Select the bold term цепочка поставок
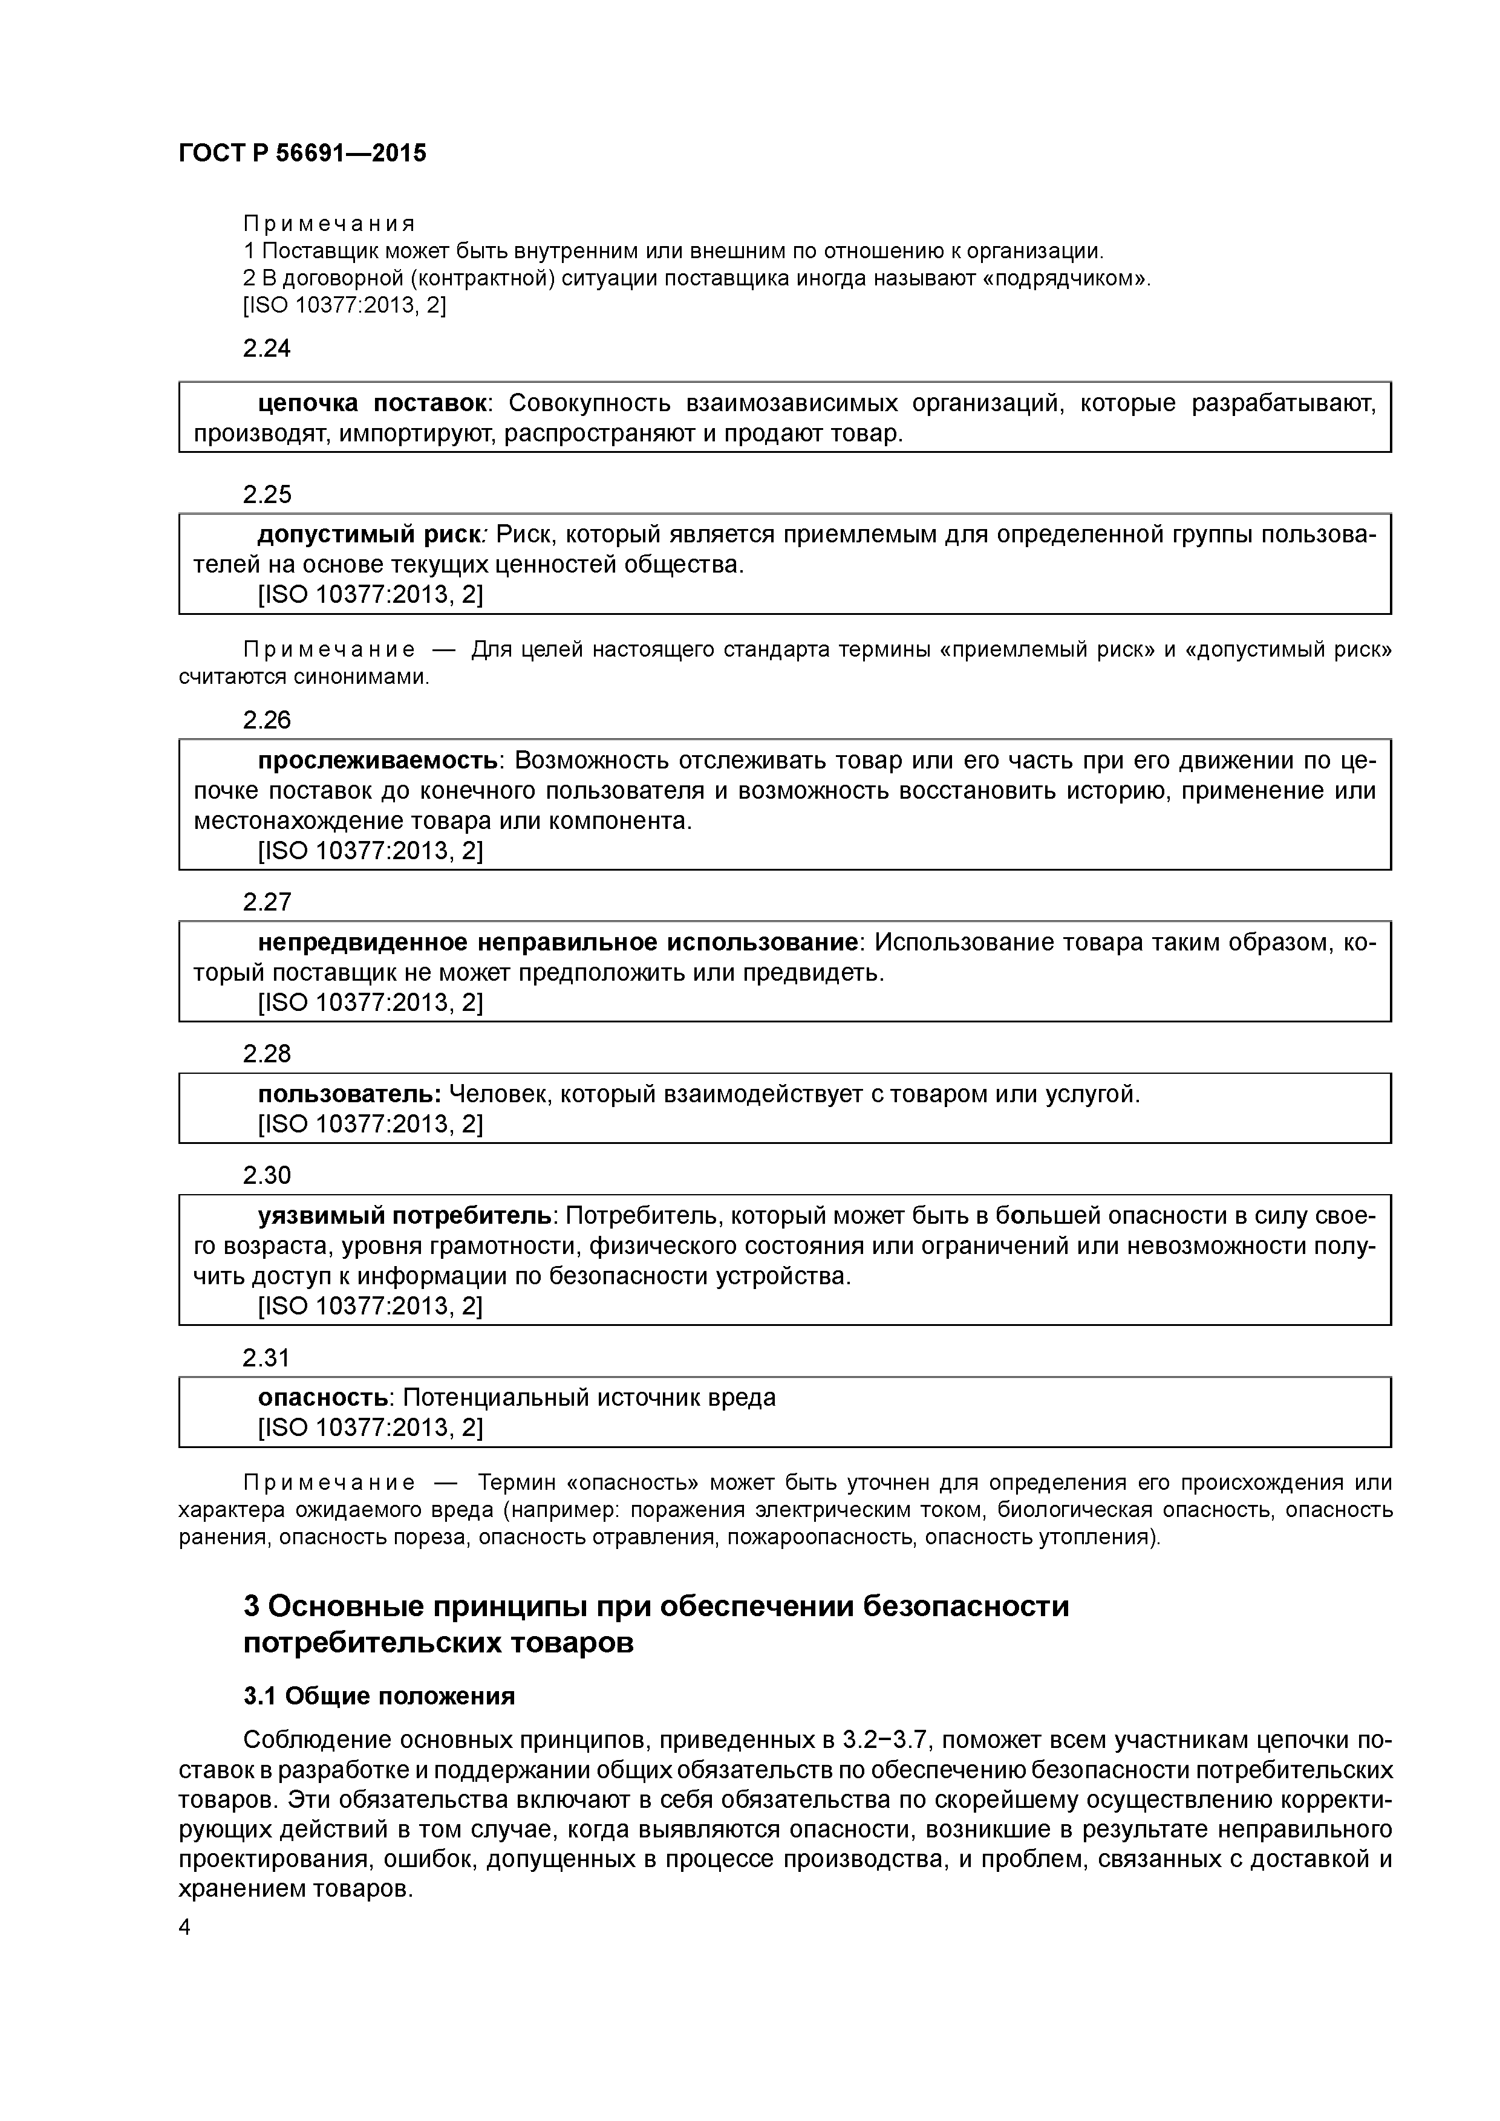click(x=373, y=404)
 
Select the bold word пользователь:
click(x=350, y=1094)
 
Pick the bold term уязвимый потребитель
click(x=405, y=1216)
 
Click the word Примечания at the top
click(x=329, y=224)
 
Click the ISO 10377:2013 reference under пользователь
click(x=370, y=1124)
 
